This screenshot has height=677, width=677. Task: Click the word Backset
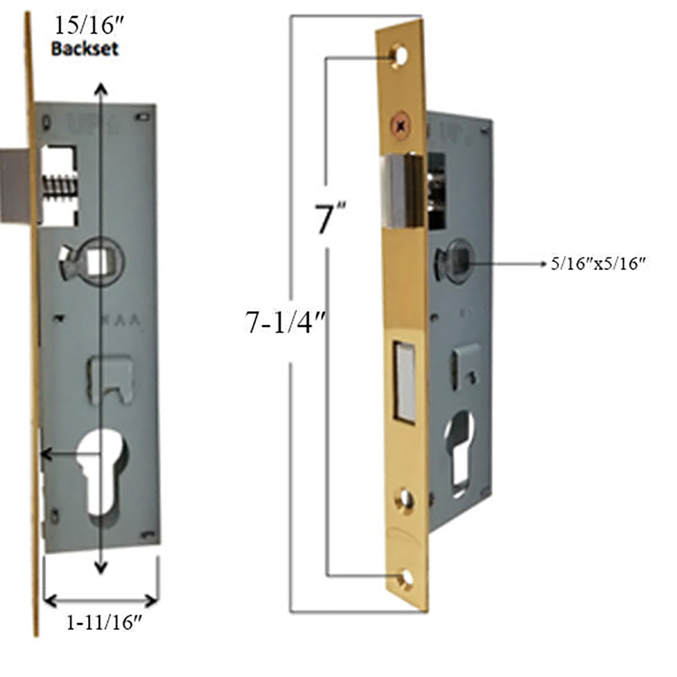click(x=85, y=49)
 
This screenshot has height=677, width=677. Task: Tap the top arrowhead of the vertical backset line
click(x=101, y=87)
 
